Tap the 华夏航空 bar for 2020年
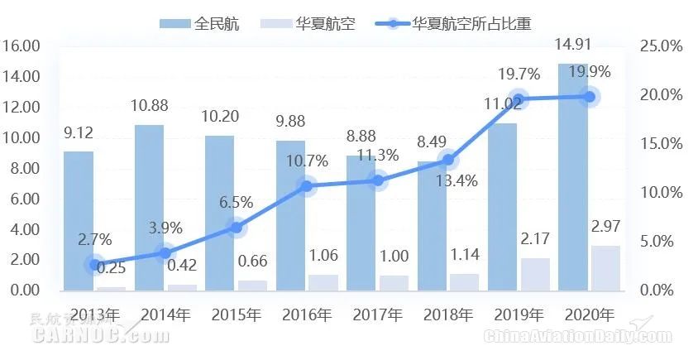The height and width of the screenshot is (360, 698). (606, 268)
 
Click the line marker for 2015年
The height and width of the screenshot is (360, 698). (236, 227)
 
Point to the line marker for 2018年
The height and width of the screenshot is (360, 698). (447, 160)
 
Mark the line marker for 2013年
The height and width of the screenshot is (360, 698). (94, 265)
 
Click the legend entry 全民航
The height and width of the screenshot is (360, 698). (199, 23)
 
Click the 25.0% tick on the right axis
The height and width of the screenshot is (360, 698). (661, 46)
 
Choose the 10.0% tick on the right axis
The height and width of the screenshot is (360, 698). (661, 192)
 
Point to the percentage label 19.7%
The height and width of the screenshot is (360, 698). (519, 76)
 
